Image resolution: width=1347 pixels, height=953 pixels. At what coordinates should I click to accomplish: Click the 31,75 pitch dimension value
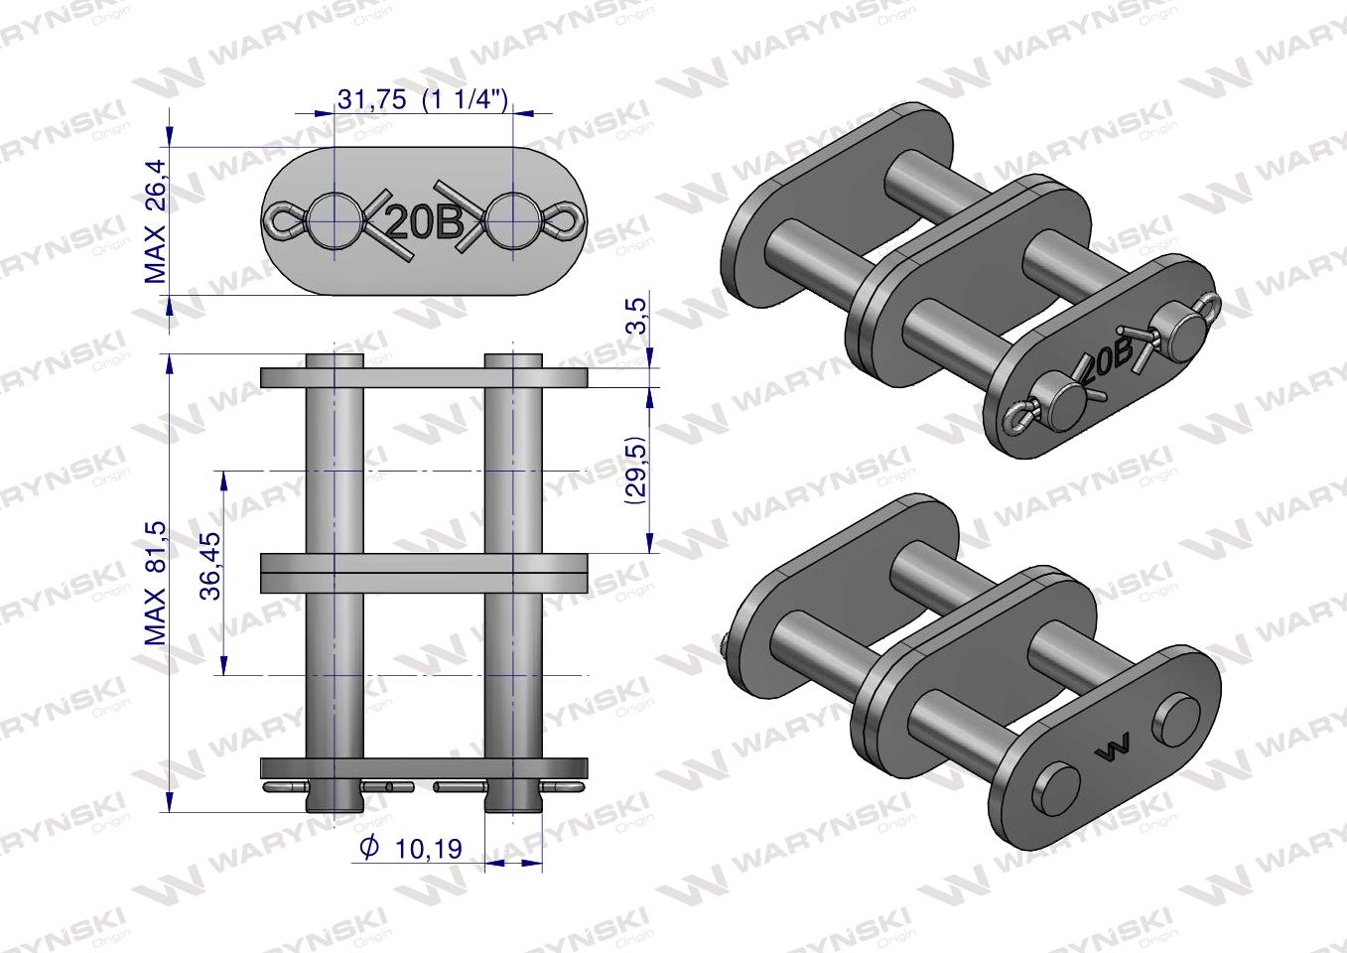[x=371, y=100]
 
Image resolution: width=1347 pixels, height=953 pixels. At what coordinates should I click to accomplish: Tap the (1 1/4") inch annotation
[x=466, y=100]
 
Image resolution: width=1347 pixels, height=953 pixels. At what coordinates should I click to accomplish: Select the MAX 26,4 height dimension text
[x=156, y=221]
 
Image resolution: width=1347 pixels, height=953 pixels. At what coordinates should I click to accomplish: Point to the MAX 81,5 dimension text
[x=156, y=584]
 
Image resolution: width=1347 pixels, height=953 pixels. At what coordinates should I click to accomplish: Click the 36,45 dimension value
[x=211, y=566]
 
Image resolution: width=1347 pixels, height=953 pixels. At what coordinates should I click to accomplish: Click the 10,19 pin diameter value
[x=429, y=849]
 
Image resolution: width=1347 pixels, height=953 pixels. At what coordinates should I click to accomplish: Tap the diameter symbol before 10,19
[x=369, y=848]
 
